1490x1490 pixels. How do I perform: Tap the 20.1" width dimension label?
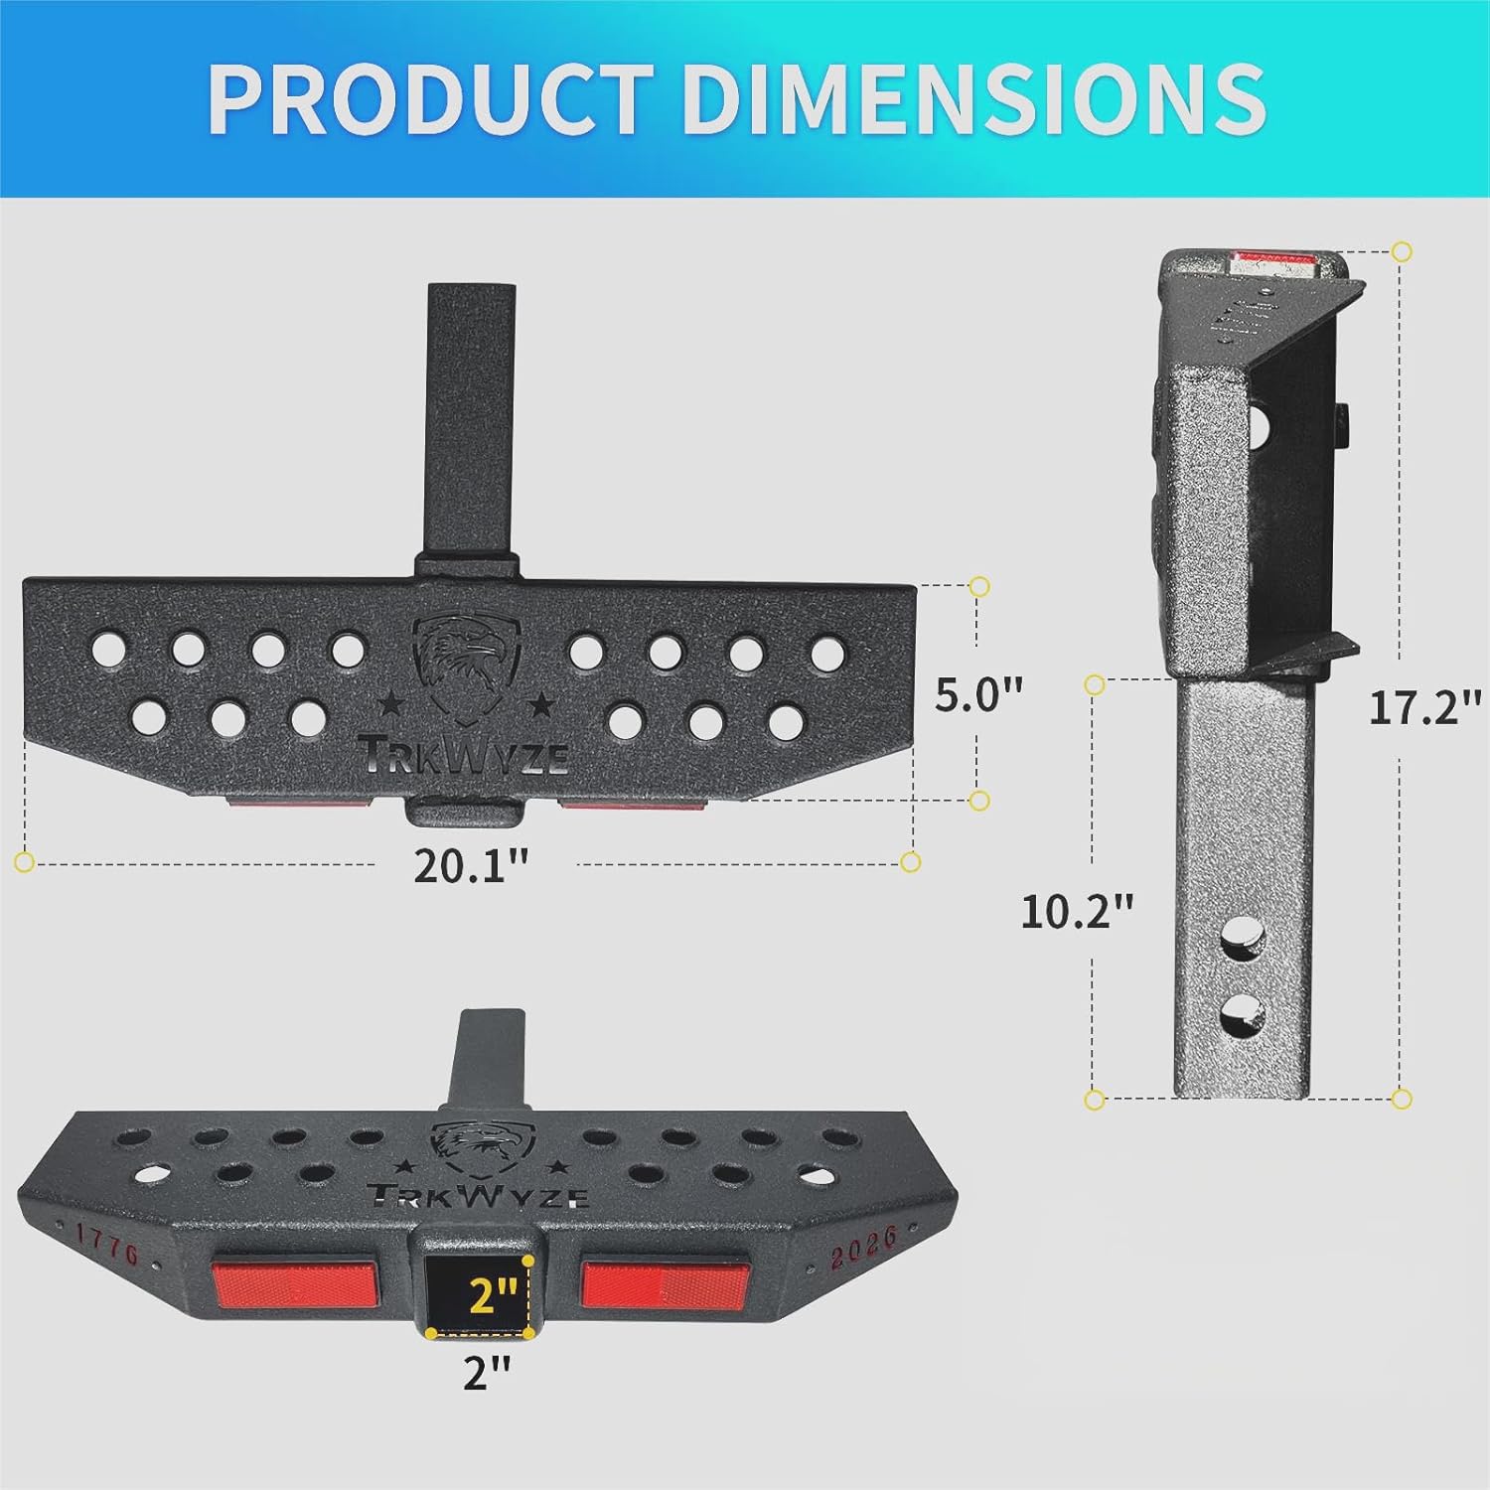[471, 866]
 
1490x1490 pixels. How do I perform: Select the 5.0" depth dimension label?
[978, 694]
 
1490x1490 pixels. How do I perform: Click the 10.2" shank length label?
[1077, 911]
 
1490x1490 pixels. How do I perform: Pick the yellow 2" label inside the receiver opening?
[493, 1295]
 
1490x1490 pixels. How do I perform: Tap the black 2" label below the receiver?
[487, 1372]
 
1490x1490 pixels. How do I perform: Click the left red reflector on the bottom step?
[295, 1284]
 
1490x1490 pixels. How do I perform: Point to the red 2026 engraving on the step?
[863, 1246]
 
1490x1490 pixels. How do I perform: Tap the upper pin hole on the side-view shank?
[1238, 936]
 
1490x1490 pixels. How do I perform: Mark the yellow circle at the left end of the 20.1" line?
[25, 861]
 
